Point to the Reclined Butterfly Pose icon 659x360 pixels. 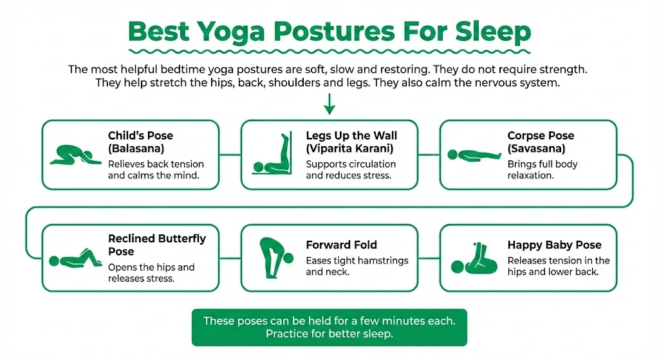pyautogui.click(x=75, y=257)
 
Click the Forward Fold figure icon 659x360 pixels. pyautogui.click(x=274, y=257)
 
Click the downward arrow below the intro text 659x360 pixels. pyautogui.click(x=329, y=104)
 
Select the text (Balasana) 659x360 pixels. pyautogui.click(x=137, y=148)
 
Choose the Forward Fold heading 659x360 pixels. pyautogui.click(x=341, y=245)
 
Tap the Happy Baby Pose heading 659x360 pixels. pyautogui.click(x=554, y=245)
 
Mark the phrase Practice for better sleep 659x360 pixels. pyautogui.click(x=329, y=334)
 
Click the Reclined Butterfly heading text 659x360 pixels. pyautogui.click(x=156, y=245)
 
